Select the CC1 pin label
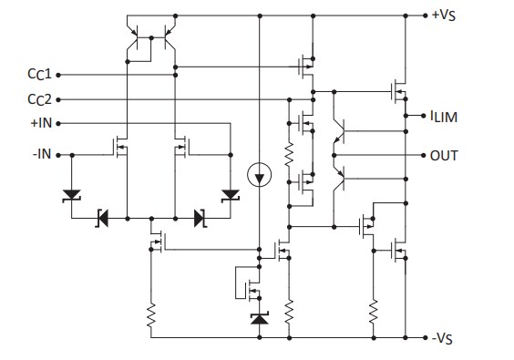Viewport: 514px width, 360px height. tap(38, 75)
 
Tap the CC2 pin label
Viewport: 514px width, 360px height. tap(38, 98)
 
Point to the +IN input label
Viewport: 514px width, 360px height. tap(41, 122)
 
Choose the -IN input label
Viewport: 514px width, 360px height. tap(41, 155)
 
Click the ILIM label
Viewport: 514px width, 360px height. tap(447, 116)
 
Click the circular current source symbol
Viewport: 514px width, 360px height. tap(260, 174)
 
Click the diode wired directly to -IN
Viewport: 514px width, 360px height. tap(71, 194)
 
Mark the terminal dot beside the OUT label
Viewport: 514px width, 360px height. tap(425, 155)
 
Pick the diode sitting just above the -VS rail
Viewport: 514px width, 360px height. tap(260, 318)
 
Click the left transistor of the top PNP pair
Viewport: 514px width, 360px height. tap(137, 39)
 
